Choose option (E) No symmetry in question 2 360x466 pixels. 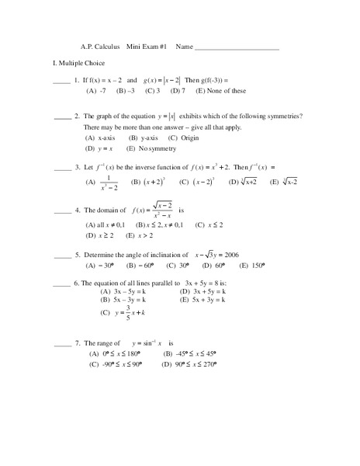pyautogui.click(x=148, y=148)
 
